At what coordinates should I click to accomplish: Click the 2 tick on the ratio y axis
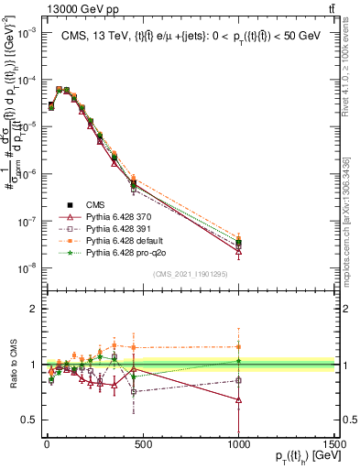click(x=29, y=309)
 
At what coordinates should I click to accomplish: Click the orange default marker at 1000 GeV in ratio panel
click(x=239, y=346)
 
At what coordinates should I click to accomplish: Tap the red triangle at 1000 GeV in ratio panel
click(x=239, y=400)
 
